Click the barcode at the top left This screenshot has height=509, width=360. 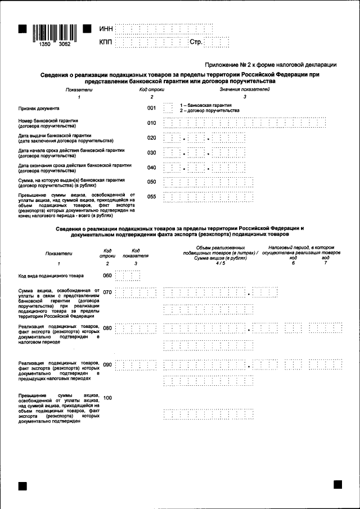[x=54, y=34]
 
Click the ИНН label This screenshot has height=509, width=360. [x=106, y=29]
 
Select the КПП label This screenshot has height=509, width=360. [x=106, y=42]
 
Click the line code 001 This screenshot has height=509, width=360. [x=151, y=108]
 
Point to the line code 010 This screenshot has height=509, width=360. [x=151, y=123]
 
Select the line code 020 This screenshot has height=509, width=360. [x=151, y=138]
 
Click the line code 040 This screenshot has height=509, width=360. [x=151, y=168]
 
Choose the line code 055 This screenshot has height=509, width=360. [x=151, y=197]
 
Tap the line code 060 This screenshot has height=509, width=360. [x=107, y=276]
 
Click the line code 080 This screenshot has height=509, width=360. [x=107, y=328]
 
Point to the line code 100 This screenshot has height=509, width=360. [x=107, y=398]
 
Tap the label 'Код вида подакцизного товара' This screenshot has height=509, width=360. [x=51, y=276]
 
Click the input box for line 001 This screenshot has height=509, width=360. [x=168, y=108]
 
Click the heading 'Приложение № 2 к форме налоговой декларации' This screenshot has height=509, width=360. [x=271, y=65]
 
